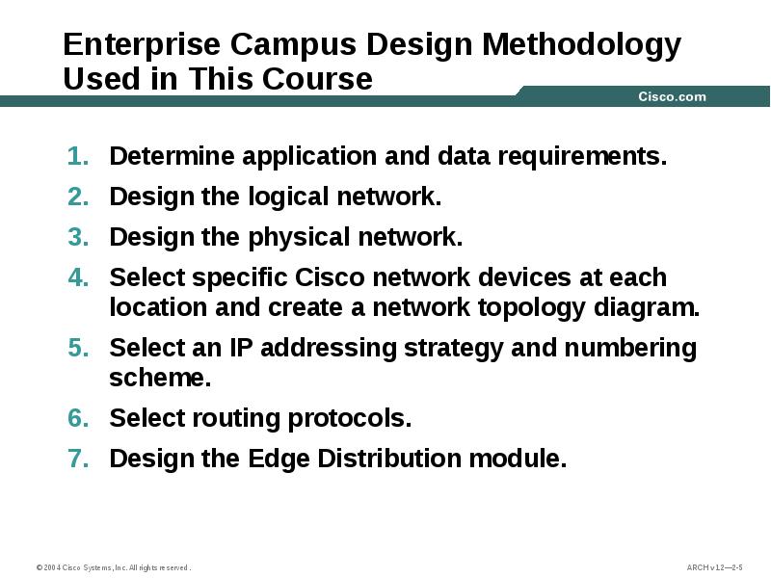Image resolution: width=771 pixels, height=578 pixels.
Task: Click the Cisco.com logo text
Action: click(x=672, y=96)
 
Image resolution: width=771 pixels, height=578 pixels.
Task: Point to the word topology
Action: click(x=546, y=309)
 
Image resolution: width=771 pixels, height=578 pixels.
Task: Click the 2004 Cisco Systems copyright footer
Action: click(x=113, y=567)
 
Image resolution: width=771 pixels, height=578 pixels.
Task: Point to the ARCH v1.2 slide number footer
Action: click(x=714, y=567)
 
